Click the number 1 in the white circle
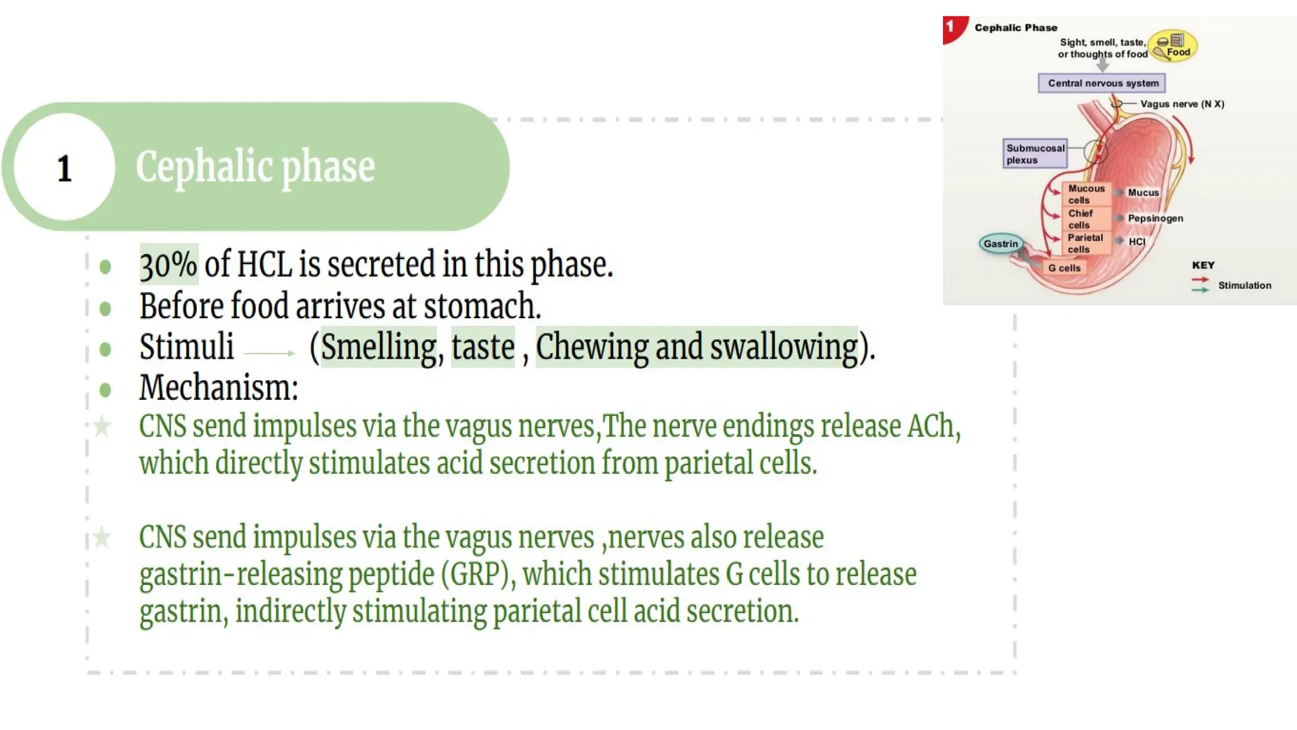[x=64, y=169]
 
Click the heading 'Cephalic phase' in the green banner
[x=255, y=167]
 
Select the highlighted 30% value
[x=168, y=264]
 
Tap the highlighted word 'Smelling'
[x=379, y=347]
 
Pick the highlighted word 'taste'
[x=483, y=347]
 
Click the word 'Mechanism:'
[x=218, y=387]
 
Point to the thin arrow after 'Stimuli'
[x=269, y=353]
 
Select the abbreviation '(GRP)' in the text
[x=474, y=575]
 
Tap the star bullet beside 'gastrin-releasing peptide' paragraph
[x=101, y=538]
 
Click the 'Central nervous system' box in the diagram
[x=1103, y=83]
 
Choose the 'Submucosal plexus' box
[x=1035, y=154]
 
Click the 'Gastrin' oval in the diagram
[x=1001, y=244]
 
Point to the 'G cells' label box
[x=1064, y=268]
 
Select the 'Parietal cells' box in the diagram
[x=1085, y=243]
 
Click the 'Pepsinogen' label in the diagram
[x=1155, y=219]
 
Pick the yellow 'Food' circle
[x=1174, y=46]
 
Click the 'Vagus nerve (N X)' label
[x=1182, y=104]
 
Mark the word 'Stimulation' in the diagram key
[x=1244, y=286]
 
